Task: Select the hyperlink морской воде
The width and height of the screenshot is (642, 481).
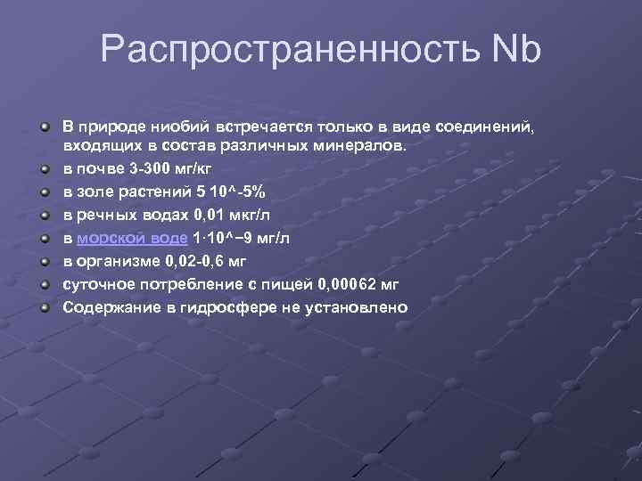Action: [132, 238]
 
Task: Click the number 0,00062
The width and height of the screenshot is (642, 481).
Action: [342, 284]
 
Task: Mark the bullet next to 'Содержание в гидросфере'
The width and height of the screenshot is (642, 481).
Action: [45, 309]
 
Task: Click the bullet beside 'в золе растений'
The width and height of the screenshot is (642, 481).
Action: [45, 192]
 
